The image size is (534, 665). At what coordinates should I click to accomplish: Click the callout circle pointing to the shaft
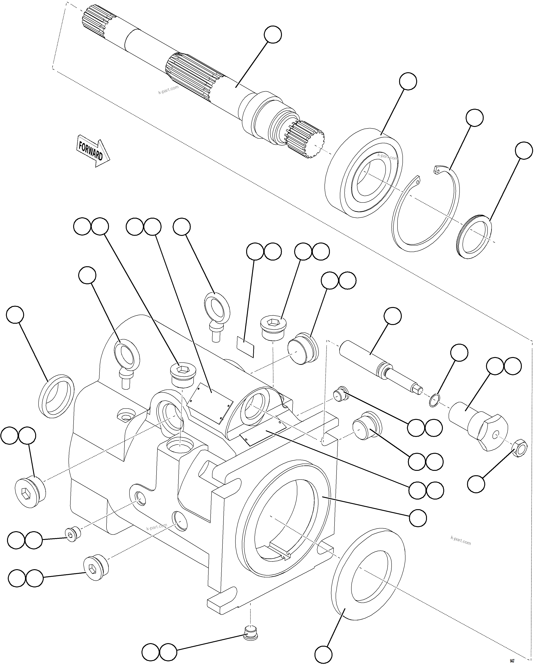click(x=273, y=34)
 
